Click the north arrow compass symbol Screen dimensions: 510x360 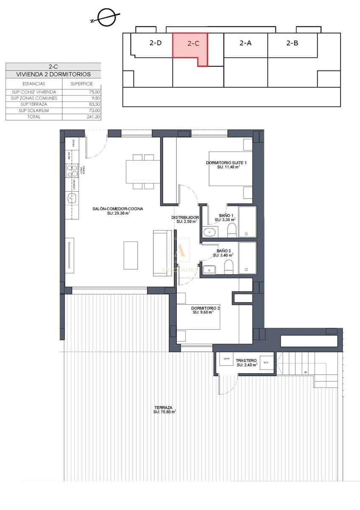104,17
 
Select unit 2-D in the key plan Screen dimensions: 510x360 155,43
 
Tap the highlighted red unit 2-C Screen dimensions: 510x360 193,43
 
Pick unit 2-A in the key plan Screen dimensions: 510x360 245,43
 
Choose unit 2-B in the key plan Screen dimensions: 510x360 292,43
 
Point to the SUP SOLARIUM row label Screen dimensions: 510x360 34,110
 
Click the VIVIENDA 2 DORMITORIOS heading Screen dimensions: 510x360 53,74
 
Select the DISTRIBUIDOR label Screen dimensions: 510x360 185,218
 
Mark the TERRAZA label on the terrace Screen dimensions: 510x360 163,407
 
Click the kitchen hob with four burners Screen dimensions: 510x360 71,171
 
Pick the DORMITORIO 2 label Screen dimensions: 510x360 205,308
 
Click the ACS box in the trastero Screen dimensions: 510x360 266,362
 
